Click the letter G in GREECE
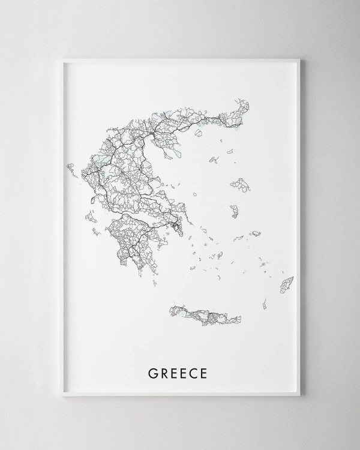pos(152,374)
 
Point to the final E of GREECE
pos(205,374)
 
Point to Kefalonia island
pos(89,215)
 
